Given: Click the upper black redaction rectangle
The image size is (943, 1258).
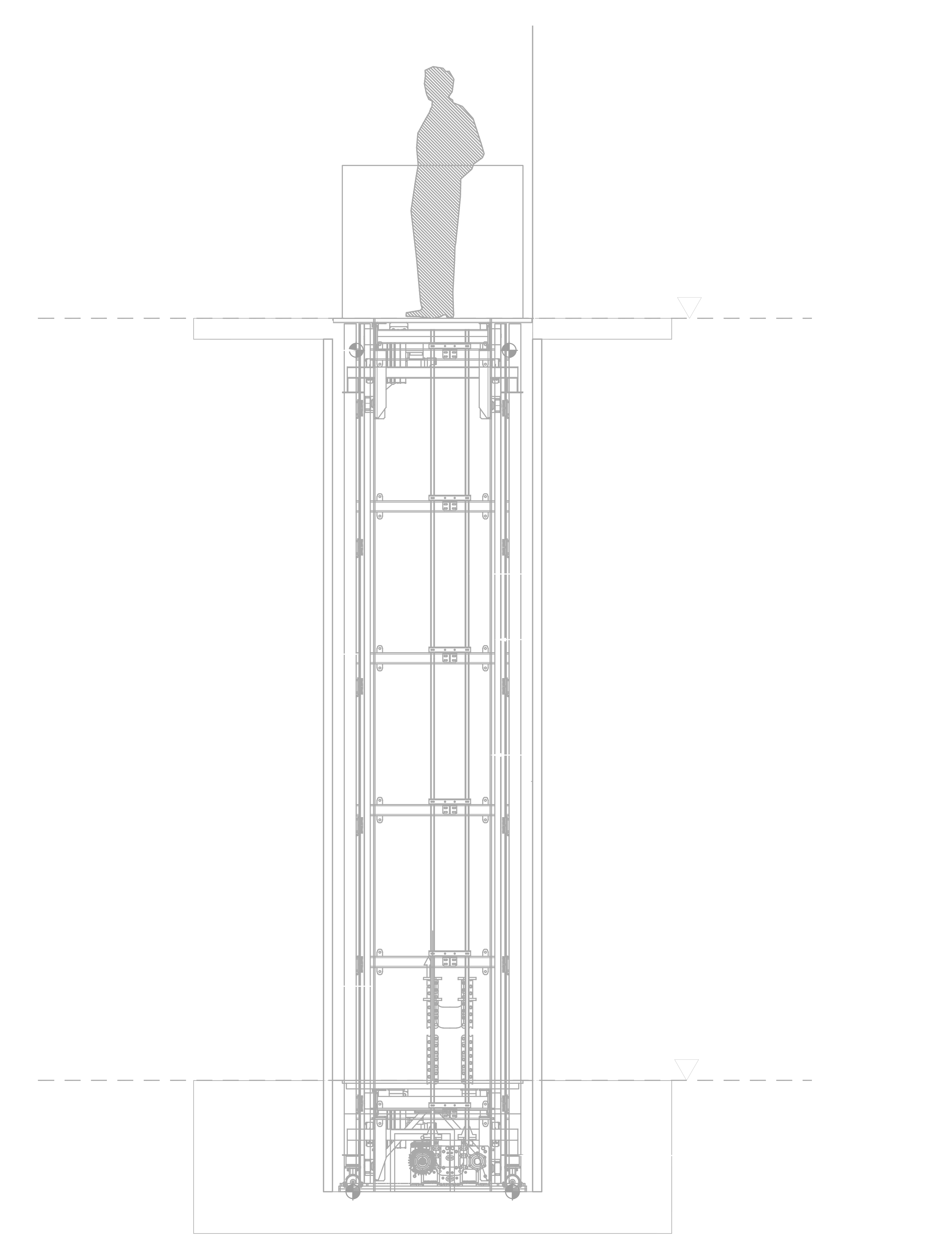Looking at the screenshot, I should (x=133, y=125).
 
